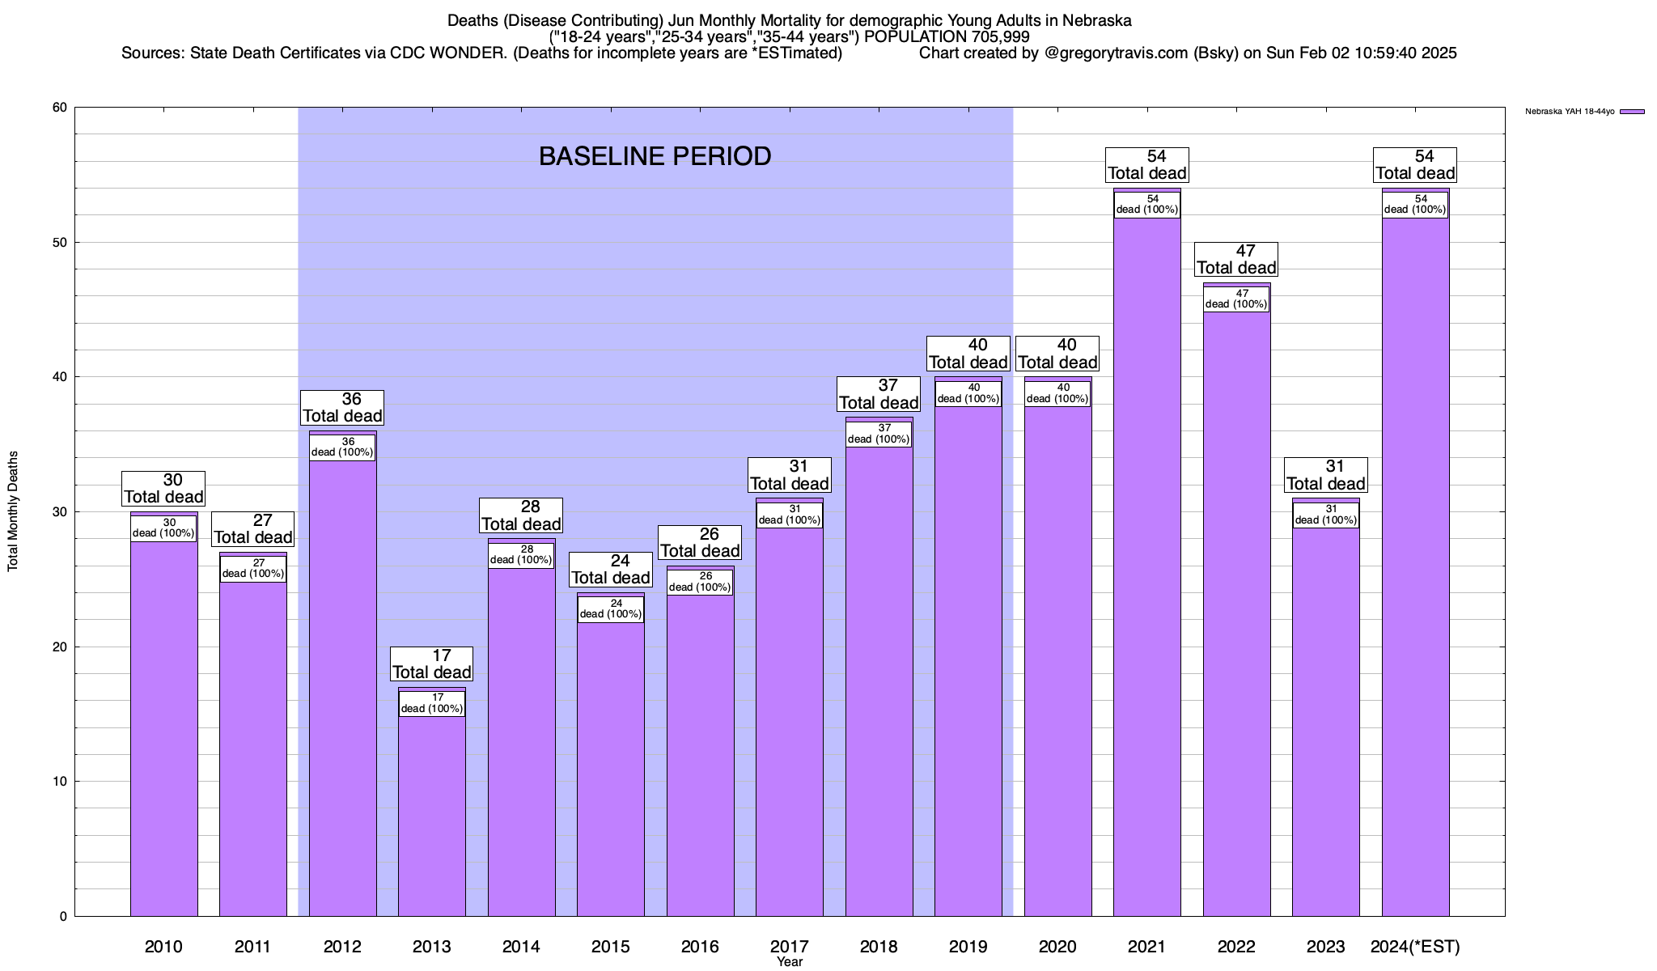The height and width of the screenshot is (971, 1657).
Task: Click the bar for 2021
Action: tap(1147, 566)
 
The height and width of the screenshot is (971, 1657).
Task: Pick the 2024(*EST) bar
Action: tap(1416, 566)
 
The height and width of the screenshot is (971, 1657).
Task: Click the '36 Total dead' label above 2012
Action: tap(342, 408)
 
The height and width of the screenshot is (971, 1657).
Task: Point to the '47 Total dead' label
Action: tap(1236, 259)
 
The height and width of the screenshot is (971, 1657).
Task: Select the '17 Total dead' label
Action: tap(432, 664)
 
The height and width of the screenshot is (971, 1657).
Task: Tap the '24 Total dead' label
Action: tap(611, 570)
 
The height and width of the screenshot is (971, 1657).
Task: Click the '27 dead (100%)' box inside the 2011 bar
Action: tap(253, 569)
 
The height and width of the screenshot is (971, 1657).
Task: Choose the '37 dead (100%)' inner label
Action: tap(879, 434)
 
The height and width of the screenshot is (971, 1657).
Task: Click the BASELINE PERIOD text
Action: tap(655, 156)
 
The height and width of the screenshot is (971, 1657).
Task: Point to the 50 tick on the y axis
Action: tap(61, 243)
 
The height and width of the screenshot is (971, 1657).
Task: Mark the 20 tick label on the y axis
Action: tap(61, 647)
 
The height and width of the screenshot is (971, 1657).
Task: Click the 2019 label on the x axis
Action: tap(968, 947)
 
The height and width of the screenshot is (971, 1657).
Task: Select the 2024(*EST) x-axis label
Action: tap(1416, 947)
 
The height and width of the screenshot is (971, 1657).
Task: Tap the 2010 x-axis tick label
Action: tap(163, 947)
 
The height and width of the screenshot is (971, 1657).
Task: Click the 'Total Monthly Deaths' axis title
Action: tap(13, 511)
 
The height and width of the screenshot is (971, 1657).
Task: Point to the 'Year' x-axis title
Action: tap(790, 962)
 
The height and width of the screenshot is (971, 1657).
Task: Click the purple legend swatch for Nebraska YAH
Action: tap(1632, 112)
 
